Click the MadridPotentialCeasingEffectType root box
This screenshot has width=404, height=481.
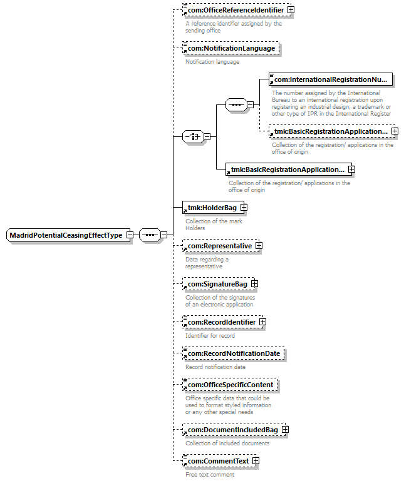point(66,235)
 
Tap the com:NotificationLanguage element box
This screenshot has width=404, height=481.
point(231,48)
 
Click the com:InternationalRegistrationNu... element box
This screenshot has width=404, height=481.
point(330,79)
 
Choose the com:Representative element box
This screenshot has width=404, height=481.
point(219,246)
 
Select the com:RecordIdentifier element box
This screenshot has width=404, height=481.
point(220,322)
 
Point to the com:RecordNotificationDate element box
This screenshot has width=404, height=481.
point(233,353)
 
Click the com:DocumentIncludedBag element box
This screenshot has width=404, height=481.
point(232,430)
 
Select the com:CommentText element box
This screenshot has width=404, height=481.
point(217,461)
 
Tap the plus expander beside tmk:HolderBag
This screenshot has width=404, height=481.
point(244,208)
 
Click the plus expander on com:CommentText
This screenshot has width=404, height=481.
point(256,461)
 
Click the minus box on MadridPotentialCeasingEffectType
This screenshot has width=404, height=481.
point(129,235)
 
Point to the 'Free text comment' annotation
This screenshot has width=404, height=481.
point(210,474)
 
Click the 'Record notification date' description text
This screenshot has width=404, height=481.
point(215,367)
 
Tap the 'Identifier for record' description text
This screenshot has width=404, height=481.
point(210,335)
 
